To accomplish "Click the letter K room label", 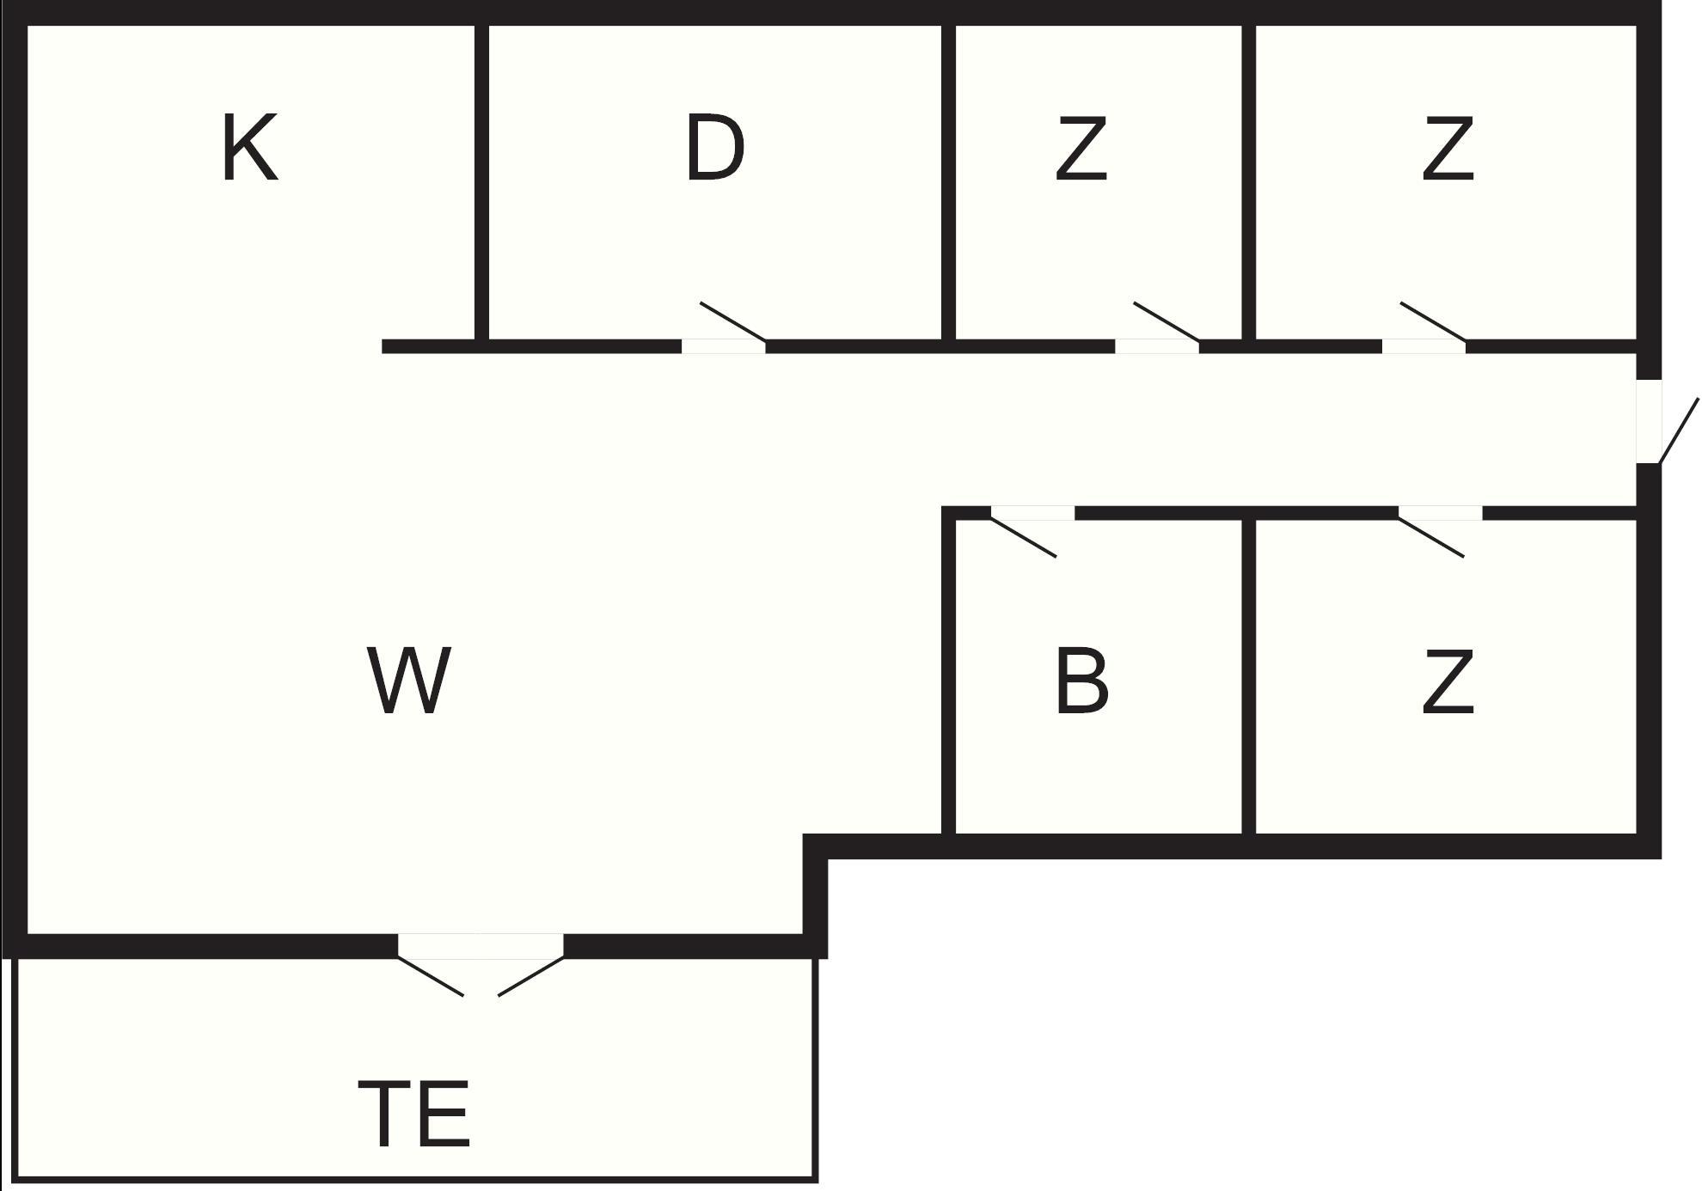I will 249,149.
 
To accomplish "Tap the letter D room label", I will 714,149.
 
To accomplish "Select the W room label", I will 409,681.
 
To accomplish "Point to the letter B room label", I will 1081,681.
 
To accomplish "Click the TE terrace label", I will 414,1115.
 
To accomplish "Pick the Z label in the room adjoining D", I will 1081,149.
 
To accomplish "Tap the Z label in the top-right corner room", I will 1448,149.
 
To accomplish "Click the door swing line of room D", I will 732,321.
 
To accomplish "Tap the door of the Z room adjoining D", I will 1166,321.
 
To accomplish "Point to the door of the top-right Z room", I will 1433,321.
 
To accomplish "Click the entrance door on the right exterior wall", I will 1678,431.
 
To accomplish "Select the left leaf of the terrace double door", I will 431,977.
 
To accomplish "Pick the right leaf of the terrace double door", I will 530,977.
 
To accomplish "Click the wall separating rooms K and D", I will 482,180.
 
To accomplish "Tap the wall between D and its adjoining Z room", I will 949,180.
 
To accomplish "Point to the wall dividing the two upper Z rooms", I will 1249,180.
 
